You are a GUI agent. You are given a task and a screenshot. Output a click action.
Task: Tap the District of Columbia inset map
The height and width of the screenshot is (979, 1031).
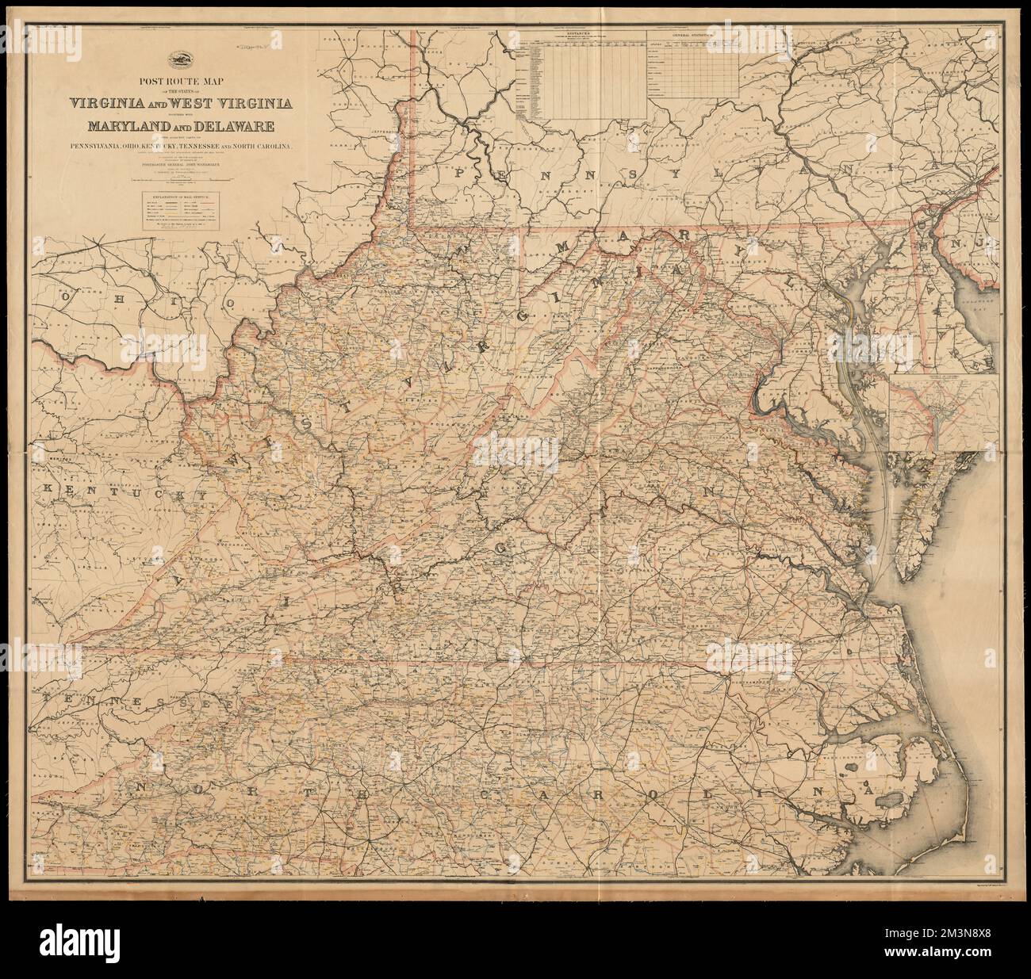pyautogui.click(x=943, y=413)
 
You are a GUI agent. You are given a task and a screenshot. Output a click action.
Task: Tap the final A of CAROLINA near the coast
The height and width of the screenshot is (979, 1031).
pyautogui.click(x=869, y=791)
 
